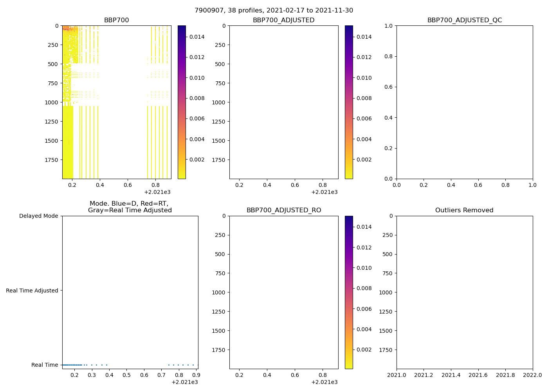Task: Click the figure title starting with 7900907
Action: click(x=274, y=11)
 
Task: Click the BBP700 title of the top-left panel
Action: click(x=116, y=20)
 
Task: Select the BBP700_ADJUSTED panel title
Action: click(x=283, y=20)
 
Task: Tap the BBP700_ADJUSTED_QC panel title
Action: click(x=464, y=20)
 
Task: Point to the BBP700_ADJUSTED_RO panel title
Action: click(x=283, y=210)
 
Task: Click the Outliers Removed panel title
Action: click(x=464, y=210)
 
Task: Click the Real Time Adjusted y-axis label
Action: click(x=32, y=291)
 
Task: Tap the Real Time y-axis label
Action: click(x=45, y=365)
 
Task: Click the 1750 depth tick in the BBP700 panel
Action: click(x=51, y=160)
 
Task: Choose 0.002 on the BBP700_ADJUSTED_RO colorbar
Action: click(x=364, y=350)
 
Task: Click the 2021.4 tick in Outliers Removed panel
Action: click(x=451, y=375)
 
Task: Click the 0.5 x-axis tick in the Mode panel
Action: click(x=126, y=375)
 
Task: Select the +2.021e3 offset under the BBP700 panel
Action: click(x=157, y=192)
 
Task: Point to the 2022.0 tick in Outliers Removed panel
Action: click(x=532, y=375)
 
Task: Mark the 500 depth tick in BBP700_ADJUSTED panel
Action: click(x=220, y=64)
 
